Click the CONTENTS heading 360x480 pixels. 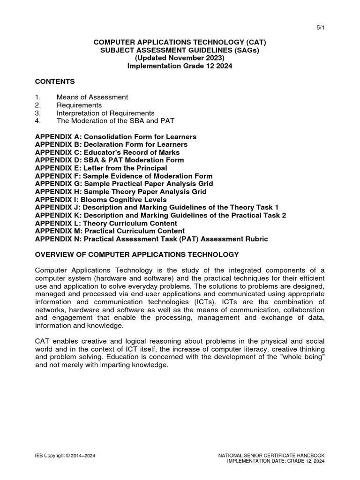click(x=55, y=82)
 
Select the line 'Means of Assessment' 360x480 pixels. click(x=92, y=97)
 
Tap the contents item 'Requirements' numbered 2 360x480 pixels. click(x=79, y=105)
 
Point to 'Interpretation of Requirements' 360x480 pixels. click(x=105, y=113)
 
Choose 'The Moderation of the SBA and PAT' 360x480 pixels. click(x=115, y=121)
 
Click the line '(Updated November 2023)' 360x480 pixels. click(x=180, y=58)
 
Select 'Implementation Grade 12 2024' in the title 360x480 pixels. click(x=180, y=66)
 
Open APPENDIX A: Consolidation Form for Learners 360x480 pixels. click(x=116, y=136)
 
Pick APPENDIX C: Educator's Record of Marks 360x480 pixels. click(x=107, y=152)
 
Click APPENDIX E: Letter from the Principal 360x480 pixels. click(x=101, y=168)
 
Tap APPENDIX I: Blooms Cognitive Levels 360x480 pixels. click(x=101, y=200)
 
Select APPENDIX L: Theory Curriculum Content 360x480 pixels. click(x=106, y=223)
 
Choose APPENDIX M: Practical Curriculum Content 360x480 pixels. click(x=110, y=231)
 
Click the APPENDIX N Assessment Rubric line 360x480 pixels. click(x=151, y=239)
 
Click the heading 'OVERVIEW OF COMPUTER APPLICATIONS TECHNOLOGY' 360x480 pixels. click(x=137, y=255)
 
